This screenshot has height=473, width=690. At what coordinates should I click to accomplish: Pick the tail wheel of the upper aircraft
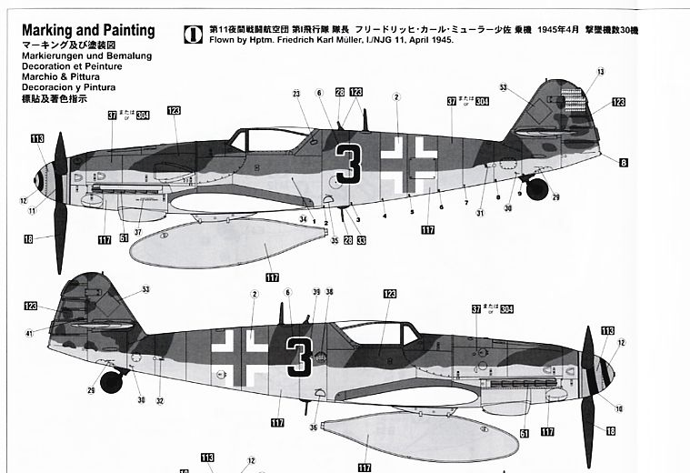537,189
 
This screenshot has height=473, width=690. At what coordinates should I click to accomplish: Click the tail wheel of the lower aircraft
111,380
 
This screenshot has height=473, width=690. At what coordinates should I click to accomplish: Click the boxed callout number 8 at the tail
623,163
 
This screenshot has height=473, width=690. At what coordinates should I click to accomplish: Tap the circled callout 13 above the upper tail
601,72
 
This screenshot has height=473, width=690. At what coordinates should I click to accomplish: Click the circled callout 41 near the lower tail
29,334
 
